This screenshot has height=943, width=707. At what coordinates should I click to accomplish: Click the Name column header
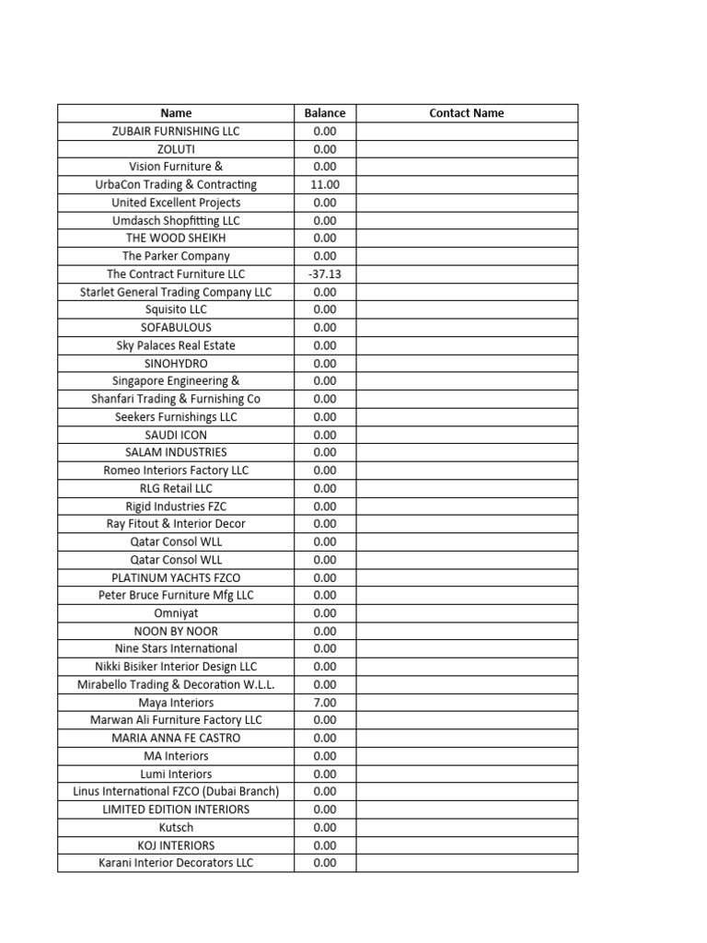(176, 113)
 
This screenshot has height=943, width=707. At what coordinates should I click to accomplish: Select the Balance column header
(325, 113)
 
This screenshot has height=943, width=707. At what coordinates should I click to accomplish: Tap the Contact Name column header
(467, 113)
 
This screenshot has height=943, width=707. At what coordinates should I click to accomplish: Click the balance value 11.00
(325, 184)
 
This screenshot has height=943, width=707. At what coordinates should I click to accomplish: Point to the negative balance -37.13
(325, 274)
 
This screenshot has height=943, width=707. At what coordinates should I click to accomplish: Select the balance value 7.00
(325, 702)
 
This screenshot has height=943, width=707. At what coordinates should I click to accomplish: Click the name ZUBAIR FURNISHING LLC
(176, 131)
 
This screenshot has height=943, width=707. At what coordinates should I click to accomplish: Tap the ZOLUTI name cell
(176, 148)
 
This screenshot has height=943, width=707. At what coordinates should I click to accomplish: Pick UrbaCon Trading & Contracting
(176, 184)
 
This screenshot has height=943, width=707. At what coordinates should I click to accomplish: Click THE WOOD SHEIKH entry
(176, 238)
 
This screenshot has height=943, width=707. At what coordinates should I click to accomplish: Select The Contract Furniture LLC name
(176, 274)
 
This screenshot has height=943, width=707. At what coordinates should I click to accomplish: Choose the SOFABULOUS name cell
(176, 327)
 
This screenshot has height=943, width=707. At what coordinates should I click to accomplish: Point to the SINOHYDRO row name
(176, 363)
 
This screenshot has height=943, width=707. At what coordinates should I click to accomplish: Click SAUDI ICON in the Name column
(176, 435)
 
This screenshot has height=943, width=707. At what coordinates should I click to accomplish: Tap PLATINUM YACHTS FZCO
(176, 577)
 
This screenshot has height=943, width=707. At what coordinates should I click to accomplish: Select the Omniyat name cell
(176, 612)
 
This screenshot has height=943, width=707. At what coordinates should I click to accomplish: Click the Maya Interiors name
(176, 702)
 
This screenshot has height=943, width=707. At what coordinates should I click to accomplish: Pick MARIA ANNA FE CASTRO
(176, 738)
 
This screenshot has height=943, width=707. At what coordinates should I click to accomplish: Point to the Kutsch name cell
(176, 827)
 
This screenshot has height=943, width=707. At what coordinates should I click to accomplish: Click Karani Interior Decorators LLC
(176, 863)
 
